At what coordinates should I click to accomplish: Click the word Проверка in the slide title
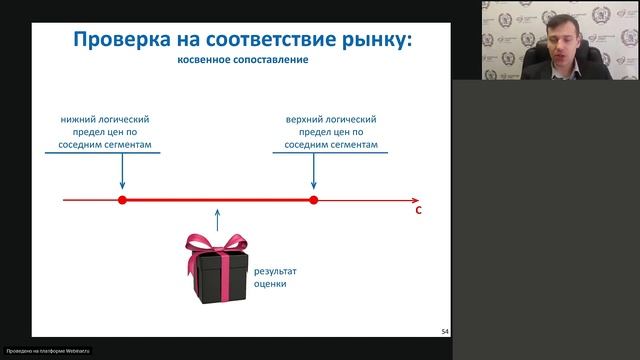point(112,40)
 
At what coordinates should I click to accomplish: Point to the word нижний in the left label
point(78,119)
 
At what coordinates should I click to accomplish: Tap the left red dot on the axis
point(122,200)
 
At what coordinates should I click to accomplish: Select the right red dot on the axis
point(313,200)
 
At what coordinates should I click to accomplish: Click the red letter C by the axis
point(418,212)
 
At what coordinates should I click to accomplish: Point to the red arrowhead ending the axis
point(415,200)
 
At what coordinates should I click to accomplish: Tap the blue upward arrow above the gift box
point(216,219)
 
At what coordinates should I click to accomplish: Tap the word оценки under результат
point(270,284)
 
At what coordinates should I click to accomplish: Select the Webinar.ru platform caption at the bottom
point(48,352)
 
